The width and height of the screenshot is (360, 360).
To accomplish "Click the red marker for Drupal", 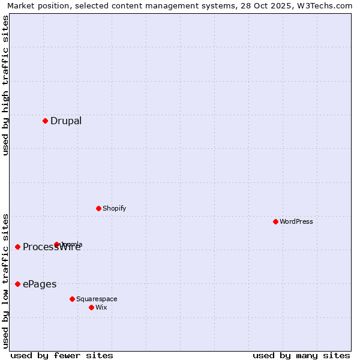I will [x=45, y=121].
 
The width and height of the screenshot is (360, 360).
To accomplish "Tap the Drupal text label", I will [x=66, y=121].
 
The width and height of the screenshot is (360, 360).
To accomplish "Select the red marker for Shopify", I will [x=98, y=208].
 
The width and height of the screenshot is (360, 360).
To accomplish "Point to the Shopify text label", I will [x=114, y=209].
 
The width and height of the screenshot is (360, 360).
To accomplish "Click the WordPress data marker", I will [x=275, y=221].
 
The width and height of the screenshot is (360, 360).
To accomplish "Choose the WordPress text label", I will [x=296, y=222].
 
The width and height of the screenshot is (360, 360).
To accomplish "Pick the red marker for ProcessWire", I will [x=17, y=247].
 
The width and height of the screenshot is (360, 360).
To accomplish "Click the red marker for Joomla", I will [x=57, y=244].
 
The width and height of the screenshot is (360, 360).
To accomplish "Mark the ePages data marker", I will [x=17, y=284].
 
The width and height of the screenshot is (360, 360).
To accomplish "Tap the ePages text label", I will [x=40, y=284].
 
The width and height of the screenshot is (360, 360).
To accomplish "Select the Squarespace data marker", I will [x=72, y=299].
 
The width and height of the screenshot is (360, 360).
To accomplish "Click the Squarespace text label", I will [x=97, y=299].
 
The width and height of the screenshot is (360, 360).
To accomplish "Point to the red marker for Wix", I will [x=91, y=307].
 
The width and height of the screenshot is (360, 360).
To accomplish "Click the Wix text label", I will [x=101, y=308].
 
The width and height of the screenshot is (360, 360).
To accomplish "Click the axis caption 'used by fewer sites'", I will [x=62, y=355].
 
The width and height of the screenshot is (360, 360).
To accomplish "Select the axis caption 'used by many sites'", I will [x=301, y=355].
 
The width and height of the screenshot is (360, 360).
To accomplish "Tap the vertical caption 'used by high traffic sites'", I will [x=5, y=85].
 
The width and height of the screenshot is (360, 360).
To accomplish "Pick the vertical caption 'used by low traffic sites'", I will [x=5, y=281].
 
